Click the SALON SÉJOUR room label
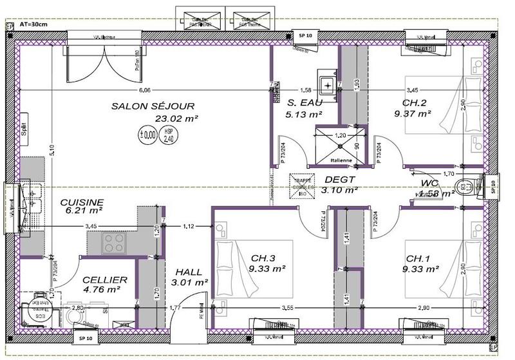[x=153, y=106]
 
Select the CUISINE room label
[x=82, y=202]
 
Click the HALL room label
[x=188, y=272]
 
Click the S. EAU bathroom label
[x=304, y=103]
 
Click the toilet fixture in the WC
[x=465, y=187]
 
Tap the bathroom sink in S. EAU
[x=329, y=84]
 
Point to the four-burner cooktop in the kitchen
[x=115, y=243]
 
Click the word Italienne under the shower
[x=341, y=159]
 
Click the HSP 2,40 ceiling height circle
[x=169, y=135]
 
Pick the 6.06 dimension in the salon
[x=145, y=90]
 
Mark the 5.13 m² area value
[x=304, y=115]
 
